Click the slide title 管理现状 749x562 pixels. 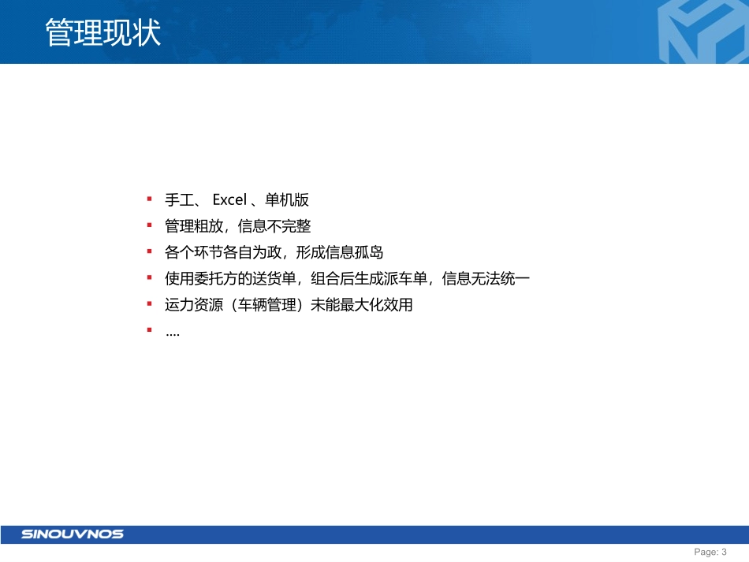[103, 34]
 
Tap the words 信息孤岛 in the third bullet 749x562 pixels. [355, 253]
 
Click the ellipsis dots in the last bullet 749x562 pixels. [173, 333]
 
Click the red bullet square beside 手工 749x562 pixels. [149, 199]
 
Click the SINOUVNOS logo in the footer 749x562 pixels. [73, 534]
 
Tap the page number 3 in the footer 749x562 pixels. [724, 553]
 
